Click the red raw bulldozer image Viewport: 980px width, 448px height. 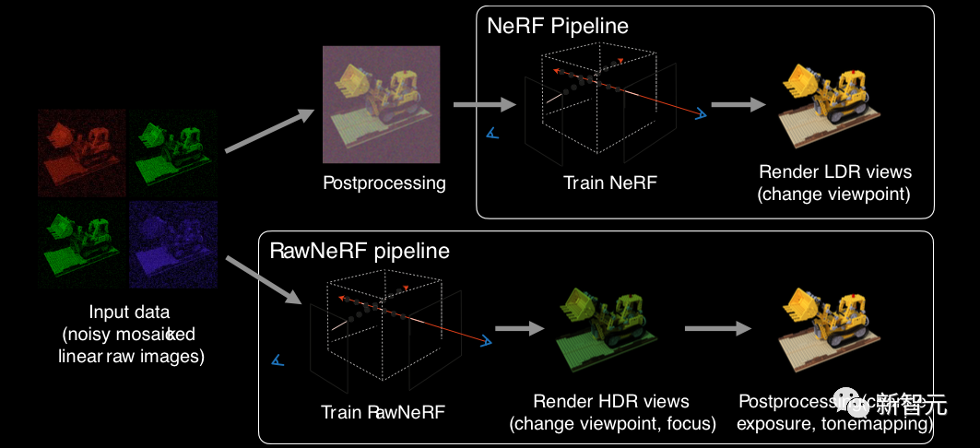81,153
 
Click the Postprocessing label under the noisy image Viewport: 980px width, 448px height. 384,183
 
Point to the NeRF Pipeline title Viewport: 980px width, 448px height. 558,25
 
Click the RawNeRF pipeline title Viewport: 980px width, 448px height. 359,250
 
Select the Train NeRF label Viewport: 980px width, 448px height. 610,183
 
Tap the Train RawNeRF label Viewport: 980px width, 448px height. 383,412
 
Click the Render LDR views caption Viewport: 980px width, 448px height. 835,183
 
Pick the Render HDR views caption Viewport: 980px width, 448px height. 611,412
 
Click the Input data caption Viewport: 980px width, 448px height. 130,333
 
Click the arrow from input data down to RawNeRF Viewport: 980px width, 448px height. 266,280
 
